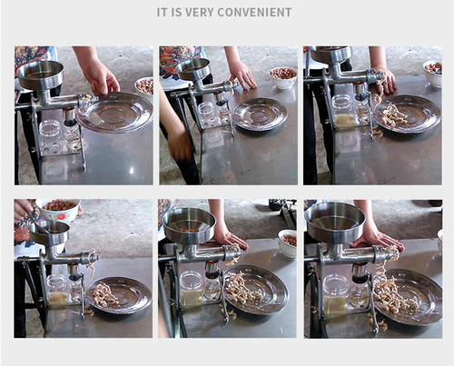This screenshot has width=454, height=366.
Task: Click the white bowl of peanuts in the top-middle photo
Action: click(x=282, y=77)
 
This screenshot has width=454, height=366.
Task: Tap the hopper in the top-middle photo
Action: click(x=192, y=69)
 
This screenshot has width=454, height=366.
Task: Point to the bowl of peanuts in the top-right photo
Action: click(x=433, y=70)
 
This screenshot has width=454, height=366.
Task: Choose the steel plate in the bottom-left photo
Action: click(x=118, y=294)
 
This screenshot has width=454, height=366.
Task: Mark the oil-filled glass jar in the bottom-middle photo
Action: click(x=192, y=290)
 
